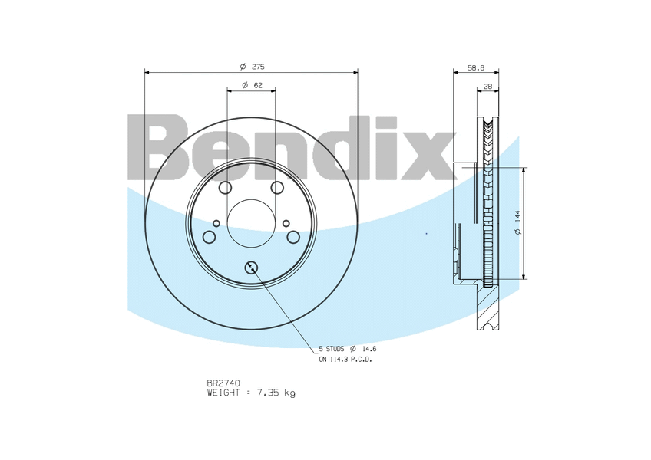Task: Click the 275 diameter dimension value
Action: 257,66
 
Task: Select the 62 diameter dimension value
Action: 257,84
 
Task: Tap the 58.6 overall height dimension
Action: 476,68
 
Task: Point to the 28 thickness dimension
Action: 487,87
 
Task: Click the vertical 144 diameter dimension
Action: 518,223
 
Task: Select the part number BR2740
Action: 224,382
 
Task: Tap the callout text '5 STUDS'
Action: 332,348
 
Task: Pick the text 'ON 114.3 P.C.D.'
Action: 345,359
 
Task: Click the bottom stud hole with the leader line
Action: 251,267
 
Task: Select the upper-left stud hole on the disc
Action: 225,188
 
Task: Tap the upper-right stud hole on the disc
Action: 277,188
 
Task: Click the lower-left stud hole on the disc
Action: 209,237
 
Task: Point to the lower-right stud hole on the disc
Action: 293,237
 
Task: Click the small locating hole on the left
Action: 216,223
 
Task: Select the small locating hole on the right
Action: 286,223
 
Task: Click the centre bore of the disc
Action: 251,224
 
